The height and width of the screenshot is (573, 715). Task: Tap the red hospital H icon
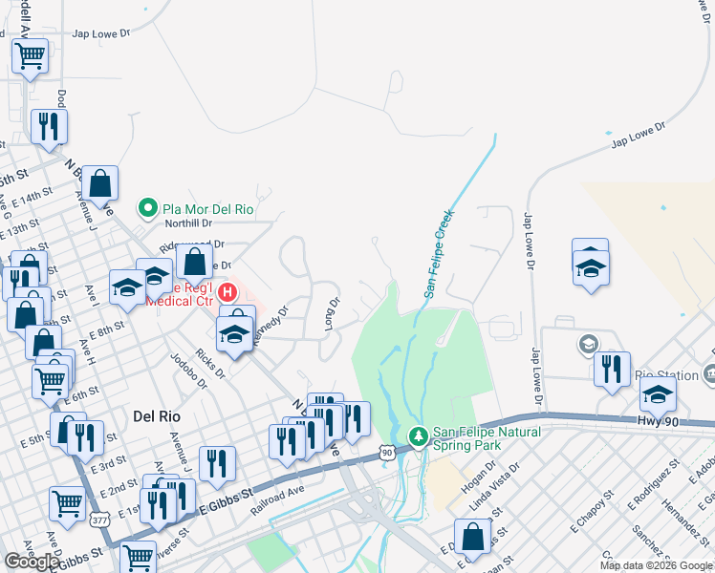coord(227,291)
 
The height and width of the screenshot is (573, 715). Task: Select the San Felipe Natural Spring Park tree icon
coord(418,436)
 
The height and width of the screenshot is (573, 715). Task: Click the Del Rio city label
coord(158,416)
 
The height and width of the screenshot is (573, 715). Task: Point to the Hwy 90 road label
coord(659,419)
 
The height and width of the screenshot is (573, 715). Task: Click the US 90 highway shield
coord(385,453)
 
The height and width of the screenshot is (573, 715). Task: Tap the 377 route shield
coord(98,520)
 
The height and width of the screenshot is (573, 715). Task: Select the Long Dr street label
coord(332,314)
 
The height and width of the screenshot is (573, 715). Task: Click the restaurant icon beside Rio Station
coord(611,369)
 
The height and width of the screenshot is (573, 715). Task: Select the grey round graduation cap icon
coord(587,342)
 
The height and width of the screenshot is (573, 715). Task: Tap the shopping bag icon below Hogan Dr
coord(472,537)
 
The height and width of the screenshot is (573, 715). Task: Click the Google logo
coord(32,562)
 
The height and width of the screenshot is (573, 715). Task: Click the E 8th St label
coord(107,327)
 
